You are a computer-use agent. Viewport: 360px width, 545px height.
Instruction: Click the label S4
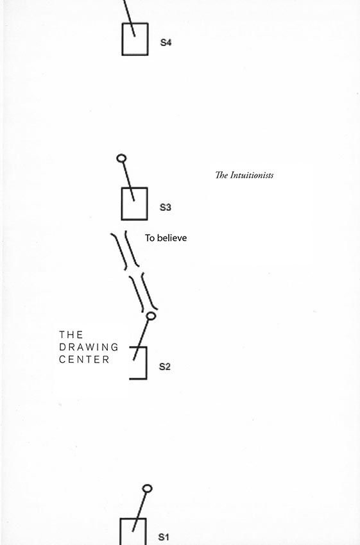[166, 42]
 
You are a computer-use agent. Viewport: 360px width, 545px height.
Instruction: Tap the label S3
[165, 207]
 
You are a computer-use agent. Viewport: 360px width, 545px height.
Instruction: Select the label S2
[164, 367]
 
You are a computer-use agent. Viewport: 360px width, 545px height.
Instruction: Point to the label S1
[164, 537]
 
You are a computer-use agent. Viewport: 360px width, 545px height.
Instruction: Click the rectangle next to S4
[123, 39]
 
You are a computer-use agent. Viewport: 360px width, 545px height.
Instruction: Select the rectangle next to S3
[122, 204]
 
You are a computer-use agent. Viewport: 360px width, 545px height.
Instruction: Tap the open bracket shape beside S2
[146, 362]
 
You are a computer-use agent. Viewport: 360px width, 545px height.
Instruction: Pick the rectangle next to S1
[121, 532]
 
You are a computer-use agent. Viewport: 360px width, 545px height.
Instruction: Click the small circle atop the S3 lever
[121, 158]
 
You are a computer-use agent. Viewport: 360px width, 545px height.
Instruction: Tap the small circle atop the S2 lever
[151, 315]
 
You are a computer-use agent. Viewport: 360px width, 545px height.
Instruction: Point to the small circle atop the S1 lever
[148, 489]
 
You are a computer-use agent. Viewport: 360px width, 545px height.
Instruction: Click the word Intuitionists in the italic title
[252, 175]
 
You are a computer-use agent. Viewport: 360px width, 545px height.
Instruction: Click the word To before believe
[150, 238]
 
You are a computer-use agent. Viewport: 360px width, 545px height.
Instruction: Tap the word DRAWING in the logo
[89, 347]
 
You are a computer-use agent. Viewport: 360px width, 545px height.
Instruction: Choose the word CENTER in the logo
[84, 360]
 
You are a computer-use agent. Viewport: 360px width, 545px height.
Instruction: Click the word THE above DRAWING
[71, 334]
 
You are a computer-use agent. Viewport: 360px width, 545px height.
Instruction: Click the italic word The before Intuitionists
[221, 175]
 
